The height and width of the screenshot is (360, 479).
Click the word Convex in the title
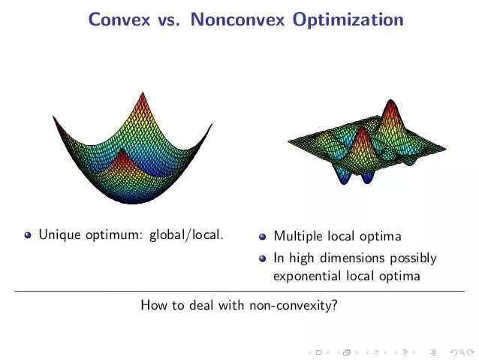coord(119,20)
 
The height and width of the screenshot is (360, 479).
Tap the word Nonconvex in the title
coord(237,20)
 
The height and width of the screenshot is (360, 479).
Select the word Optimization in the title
coord(348,20)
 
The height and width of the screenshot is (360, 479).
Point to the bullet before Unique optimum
coord(28,235)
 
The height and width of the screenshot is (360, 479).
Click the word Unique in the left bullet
coord(60,235)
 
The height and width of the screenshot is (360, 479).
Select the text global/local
coord(186,235)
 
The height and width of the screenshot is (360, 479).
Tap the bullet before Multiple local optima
coord(263,237)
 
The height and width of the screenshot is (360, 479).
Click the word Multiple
coord(298,237)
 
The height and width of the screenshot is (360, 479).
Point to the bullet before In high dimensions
coord(263,259)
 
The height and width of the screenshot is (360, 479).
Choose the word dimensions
coord(353,258)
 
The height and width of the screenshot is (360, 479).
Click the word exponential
coord(307,277)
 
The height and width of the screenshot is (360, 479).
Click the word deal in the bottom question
coord(201,305)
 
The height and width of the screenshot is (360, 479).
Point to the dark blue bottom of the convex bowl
coord(131,201)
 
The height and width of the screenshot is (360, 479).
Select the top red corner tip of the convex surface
coord(143,92)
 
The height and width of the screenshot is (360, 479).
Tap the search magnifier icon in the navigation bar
coord(462,352)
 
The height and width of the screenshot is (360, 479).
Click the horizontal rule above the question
coord(239,292)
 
